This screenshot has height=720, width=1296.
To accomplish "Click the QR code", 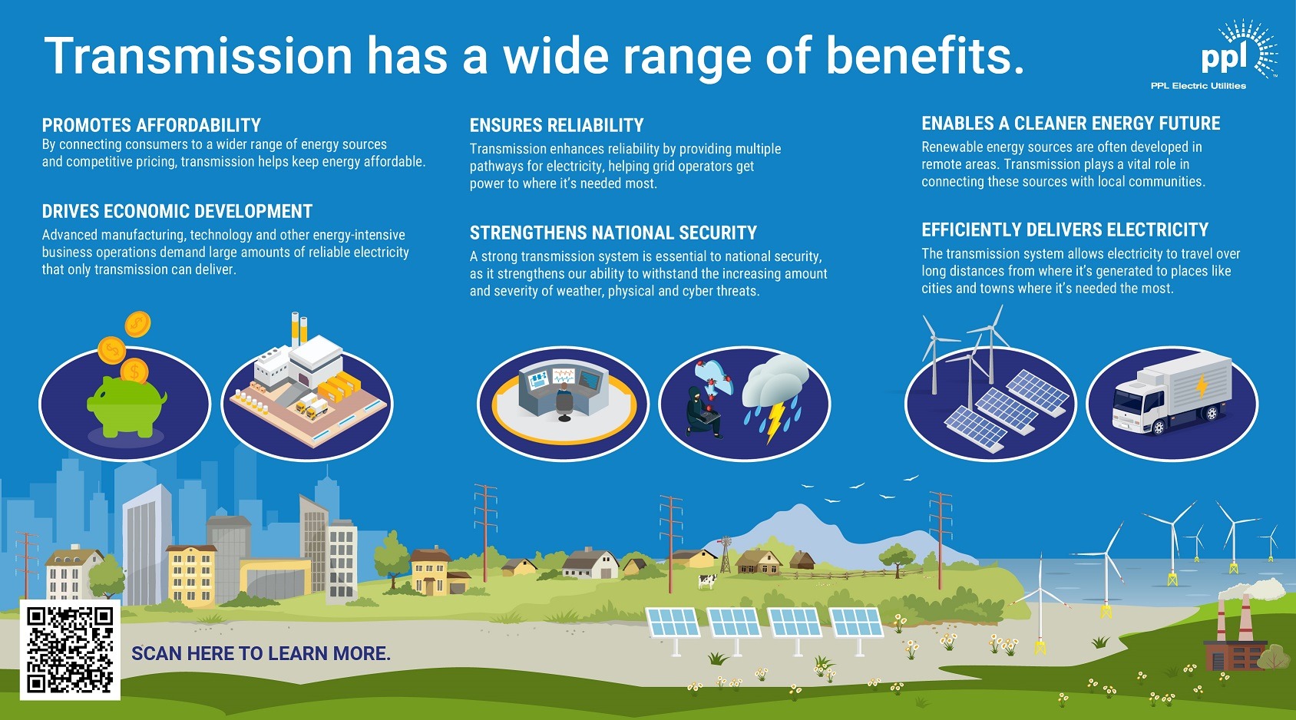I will click(x=70, y=649).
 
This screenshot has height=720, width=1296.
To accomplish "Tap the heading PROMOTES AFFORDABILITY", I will click(x=151, y=125).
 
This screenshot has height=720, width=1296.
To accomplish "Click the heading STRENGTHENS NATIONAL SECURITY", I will click(x=613, y=233).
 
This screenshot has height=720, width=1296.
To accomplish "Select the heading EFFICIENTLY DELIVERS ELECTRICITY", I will click(x=1064, y=230).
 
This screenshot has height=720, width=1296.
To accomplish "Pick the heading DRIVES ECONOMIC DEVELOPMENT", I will click(x=177, y=211).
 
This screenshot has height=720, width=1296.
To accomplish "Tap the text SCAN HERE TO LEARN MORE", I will click(x=260, y=653).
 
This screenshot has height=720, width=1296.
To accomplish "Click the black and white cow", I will click(x=706, y=582).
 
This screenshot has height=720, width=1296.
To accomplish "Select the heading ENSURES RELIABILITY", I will click(x=556, y=125).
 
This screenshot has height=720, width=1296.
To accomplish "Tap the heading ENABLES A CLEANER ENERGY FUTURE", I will click(x=1070, y=124).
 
